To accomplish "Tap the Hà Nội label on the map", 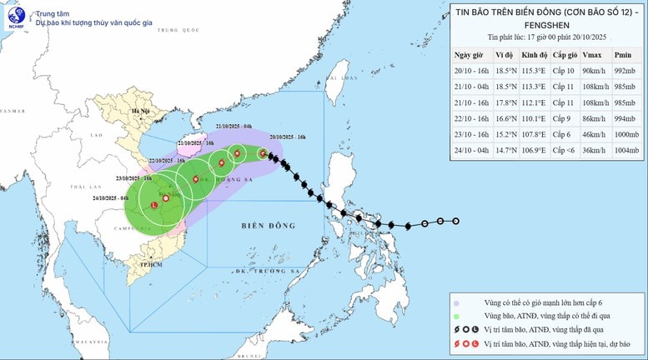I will click(x=133, y=110).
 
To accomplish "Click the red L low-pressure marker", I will click(x=154, y=205).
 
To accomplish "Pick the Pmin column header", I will click(x=623, y=55).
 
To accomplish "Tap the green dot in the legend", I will click(x=456, y=317).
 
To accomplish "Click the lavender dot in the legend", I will click(x=456, y=302).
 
